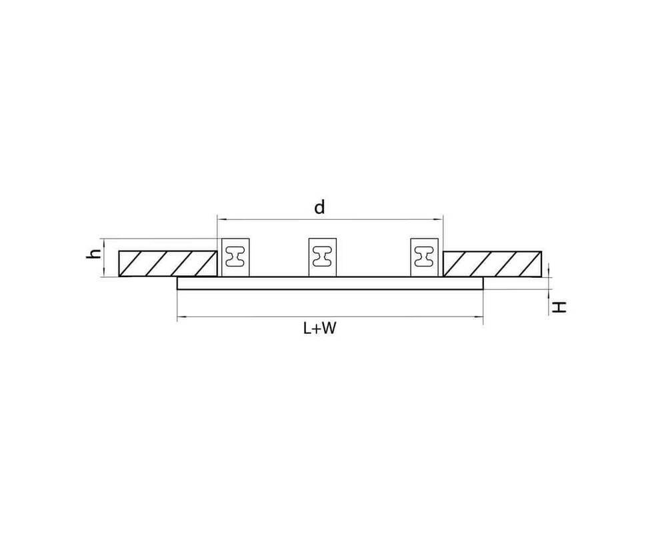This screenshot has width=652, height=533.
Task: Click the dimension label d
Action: pos(319,207)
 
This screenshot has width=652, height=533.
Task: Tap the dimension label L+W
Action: pos(319,328)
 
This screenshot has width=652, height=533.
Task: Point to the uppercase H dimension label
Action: pos(559,307)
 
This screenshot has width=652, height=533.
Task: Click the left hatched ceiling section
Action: pos(168,264)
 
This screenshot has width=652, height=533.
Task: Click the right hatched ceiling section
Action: pos(492,264)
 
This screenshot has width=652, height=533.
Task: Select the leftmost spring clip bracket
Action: pos(235,257)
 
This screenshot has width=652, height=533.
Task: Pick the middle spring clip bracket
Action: pos(322,257)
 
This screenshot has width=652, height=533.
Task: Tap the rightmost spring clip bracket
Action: pos(424,257)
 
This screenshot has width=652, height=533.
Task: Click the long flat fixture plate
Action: pos(330,283)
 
